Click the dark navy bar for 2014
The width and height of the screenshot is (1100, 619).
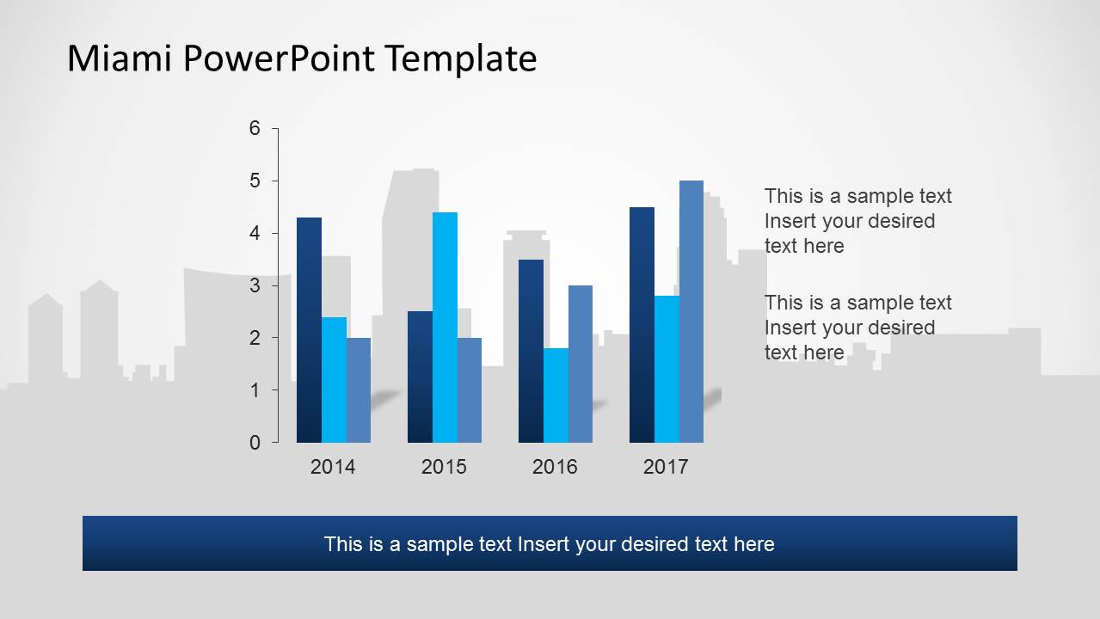coord(309,330)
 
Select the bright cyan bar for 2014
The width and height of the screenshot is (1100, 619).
coord(334,380)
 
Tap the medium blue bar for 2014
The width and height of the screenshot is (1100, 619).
coord(359,390)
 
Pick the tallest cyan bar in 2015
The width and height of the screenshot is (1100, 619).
coord(445,328)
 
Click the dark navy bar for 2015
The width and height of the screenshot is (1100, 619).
coord(420,377)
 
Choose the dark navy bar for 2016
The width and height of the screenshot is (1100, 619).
coord(531,351)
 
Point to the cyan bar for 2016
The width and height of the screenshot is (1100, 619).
coord(556,395)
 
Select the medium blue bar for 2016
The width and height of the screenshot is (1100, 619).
coord(581,364)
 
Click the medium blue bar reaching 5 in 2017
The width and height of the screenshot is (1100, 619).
coord(691,311)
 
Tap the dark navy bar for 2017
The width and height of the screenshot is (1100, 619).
coord(642,325)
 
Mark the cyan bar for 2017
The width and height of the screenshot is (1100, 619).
coord(667,369)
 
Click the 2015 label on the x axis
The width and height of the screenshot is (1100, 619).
coord(444,467)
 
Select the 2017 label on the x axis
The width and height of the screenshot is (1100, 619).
coord(666,467)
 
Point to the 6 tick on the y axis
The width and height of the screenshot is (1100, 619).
coord(255,128)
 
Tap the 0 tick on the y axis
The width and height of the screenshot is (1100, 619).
coord(255,443)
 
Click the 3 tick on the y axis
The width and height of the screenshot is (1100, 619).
coord(255,285)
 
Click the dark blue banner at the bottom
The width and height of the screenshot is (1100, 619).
coord(550,543)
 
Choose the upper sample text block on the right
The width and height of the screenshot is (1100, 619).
coord(857,221)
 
